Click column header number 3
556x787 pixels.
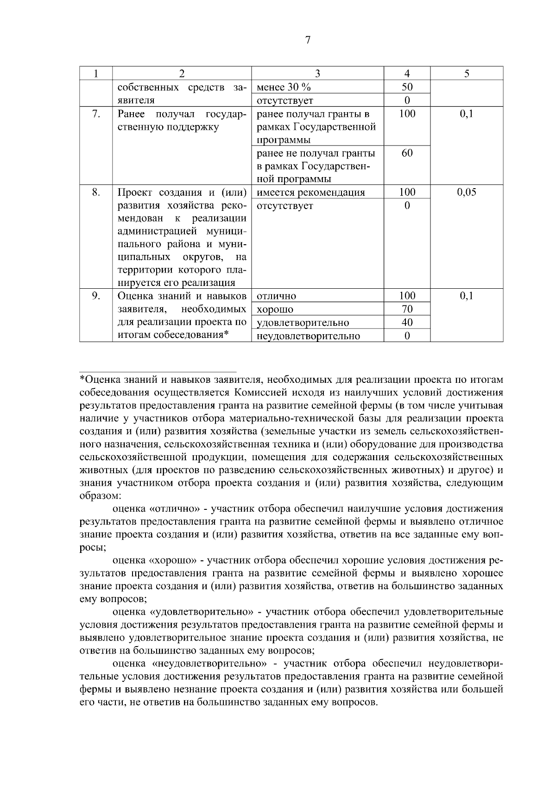317,73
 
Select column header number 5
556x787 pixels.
467,73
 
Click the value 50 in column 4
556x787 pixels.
407,87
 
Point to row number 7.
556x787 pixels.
95,114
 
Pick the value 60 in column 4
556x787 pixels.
407,153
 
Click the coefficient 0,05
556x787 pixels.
467,192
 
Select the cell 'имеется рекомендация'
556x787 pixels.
310,193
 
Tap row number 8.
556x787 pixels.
95,192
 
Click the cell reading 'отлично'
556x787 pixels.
276,296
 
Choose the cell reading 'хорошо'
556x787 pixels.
275,310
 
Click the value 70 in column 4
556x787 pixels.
407,309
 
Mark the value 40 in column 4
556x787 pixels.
407,322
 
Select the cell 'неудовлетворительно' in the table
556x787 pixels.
308,336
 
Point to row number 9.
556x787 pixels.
95,296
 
